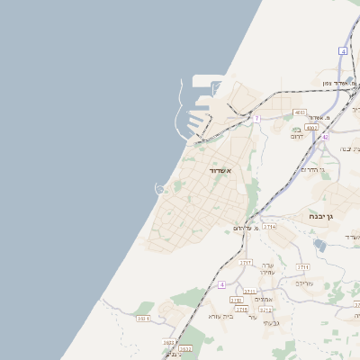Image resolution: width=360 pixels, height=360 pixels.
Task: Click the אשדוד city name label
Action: [x=220, y=170]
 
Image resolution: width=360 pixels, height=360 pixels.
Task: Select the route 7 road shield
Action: [x=256, y=118]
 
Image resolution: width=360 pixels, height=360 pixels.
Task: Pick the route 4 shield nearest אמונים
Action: [x=220, y=284]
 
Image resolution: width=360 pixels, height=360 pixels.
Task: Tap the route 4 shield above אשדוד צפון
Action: [x=344, y=51]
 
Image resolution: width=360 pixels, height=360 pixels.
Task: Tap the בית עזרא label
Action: [x=220, y=316]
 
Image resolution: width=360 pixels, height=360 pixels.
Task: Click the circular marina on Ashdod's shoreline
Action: [x=160, y=188]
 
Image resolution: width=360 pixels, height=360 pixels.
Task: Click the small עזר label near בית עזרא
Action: [x=253, y=317]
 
